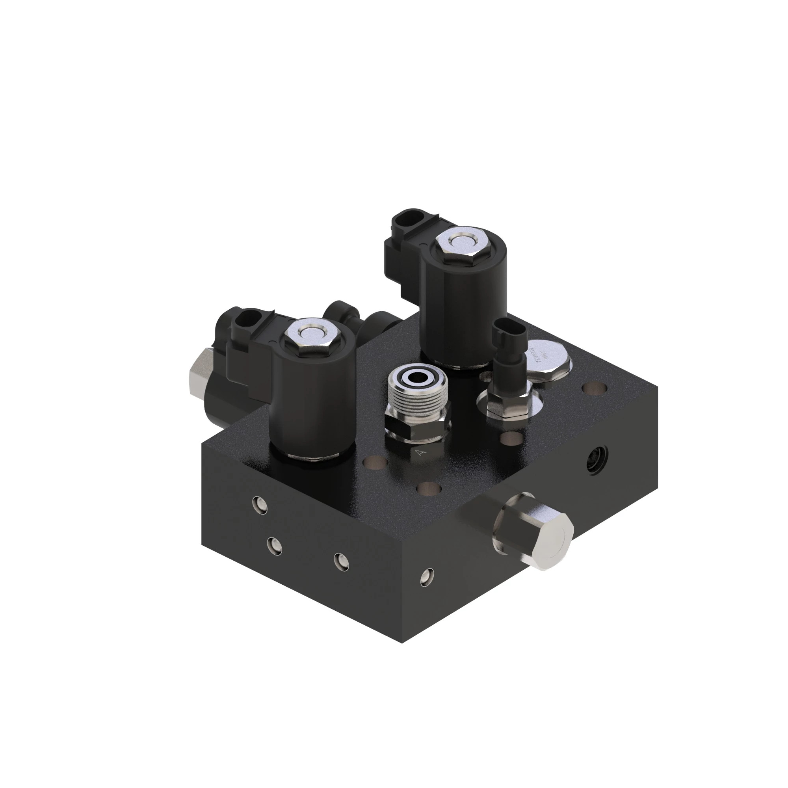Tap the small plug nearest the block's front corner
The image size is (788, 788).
427,576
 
